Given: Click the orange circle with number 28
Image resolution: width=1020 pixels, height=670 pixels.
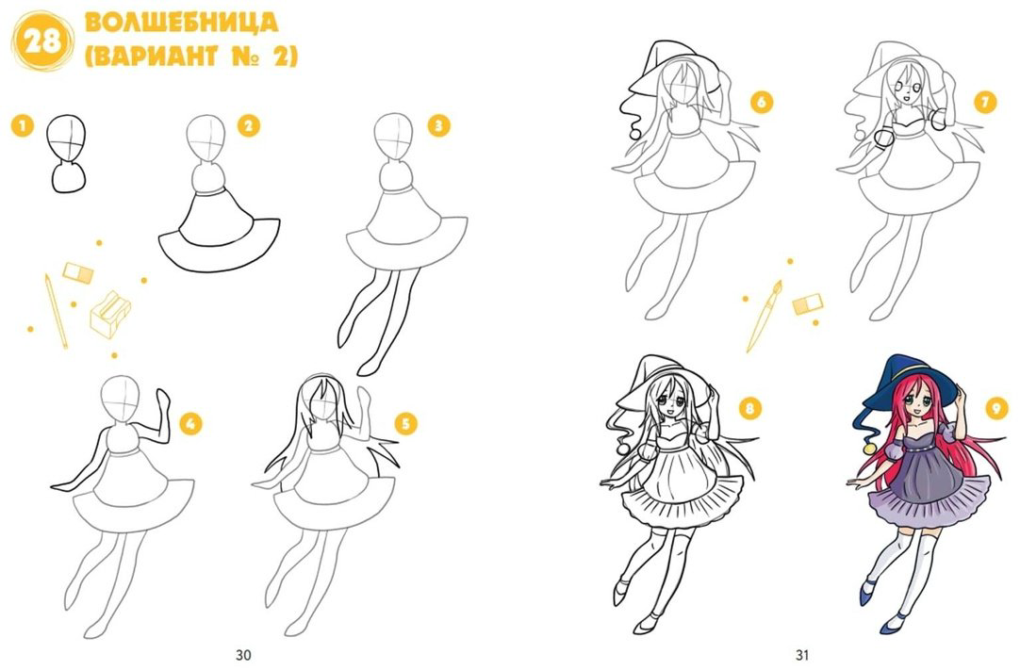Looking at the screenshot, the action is tap(42, 41).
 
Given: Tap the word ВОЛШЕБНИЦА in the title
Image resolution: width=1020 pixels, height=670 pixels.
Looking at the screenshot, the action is tap(182, 22).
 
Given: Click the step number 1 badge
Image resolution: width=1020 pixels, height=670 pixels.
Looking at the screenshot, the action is tap(23, 125).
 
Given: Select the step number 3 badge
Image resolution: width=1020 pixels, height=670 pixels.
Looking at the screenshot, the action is tap(439, 125).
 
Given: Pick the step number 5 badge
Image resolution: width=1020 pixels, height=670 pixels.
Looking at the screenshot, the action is tap(405, 424).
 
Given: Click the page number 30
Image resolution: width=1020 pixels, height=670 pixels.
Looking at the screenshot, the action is tap(242, 655).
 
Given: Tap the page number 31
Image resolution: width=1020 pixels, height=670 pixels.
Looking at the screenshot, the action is tap(801, 655).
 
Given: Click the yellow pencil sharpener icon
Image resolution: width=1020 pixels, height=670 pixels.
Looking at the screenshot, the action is tap(110, 314).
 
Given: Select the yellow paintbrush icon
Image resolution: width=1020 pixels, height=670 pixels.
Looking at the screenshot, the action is tap(764, 316).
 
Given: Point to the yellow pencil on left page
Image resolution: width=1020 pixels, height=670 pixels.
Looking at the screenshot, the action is tap(56, 311).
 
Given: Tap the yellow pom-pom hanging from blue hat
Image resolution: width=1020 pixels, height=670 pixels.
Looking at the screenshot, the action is tap(868, 449).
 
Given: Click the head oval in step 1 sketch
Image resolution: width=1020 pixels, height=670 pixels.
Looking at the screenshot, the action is tap(66, 139).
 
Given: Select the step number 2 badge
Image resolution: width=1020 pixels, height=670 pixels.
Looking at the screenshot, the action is tap(249, 125).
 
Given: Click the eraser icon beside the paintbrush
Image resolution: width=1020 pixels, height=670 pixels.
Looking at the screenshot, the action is tap(807, 303).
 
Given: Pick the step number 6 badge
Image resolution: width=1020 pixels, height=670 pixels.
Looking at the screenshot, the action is tap(761, 102).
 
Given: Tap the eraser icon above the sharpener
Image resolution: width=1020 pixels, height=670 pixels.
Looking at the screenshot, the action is tap(78, 272).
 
